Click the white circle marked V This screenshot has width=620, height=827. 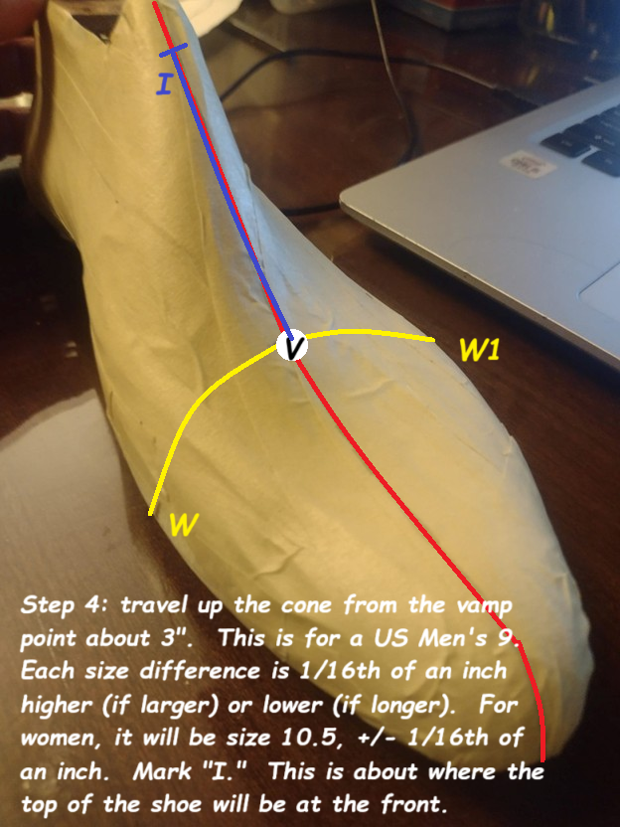(292, 346)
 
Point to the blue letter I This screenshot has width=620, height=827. (165, 84)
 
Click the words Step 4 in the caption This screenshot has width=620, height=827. (61, 605)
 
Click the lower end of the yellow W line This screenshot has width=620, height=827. (151, 513)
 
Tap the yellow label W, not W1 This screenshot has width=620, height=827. (181, 525)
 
